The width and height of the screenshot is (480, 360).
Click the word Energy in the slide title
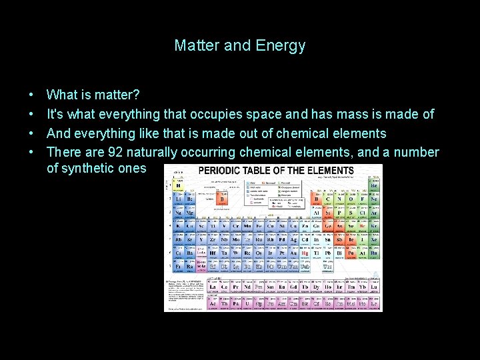(281, 46)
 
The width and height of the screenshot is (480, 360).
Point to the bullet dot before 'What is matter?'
(31, 96)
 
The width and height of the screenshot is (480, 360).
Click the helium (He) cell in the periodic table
(375, 186)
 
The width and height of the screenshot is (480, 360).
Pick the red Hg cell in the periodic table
(305, 253)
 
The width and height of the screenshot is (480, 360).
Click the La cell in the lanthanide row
(215, 288)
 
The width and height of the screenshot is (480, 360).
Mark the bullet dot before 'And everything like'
(31, 133)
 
